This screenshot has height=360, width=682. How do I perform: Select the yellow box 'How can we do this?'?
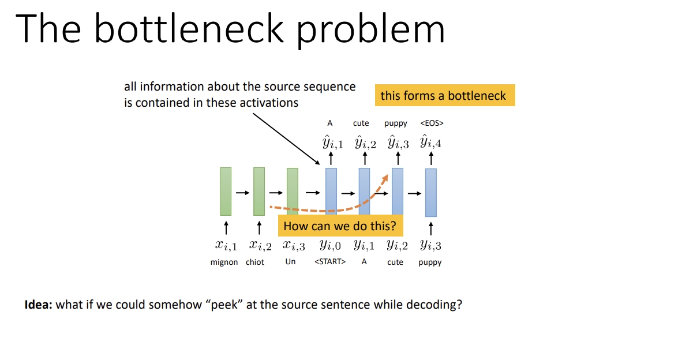(340, 226)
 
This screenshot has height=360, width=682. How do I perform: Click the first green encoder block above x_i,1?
(226, 191)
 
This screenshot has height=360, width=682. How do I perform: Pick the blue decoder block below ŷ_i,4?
(430, 192)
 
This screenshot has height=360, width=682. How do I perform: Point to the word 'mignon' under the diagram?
(224, 262)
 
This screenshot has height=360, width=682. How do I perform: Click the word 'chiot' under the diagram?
(254, 262)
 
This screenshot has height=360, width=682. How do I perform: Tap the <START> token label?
(330, 262)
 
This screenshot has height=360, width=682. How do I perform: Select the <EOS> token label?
(432, 123)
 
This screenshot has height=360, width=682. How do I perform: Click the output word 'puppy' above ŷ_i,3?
(396, 123)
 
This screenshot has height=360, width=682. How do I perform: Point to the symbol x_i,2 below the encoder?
(260, 245)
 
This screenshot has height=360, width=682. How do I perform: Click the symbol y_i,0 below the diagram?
(330, 245)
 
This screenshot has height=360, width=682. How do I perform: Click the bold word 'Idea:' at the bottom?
(39, 305)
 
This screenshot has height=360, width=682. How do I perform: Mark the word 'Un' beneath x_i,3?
(291, 262)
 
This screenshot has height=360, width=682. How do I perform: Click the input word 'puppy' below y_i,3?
(430, 262)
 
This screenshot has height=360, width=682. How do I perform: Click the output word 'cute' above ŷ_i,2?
(361, 123)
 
